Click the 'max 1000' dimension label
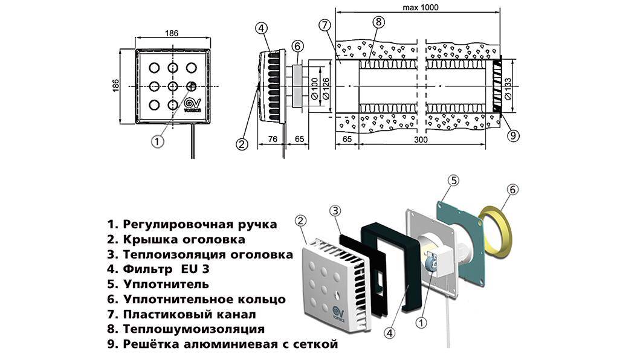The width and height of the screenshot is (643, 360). point(419,7)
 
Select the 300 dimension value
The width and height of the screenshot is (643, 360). point(421,140)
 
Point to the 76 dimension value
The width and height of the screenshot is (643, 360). point(273,140)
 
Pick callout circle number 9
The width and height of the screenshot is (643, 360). point(513,135)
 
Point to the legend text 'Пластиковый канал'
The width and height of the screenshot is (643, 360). point(182,315)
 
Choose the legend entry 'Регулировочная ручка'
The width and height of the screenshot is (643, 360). point(193,224)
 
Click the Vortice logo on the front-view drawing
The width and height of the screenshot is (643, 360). point(192,104)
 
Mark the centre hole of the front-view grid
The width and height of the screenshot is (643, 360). point(172,86)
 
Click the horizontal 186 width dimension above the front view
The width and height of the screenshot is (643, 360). point(172,34)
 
